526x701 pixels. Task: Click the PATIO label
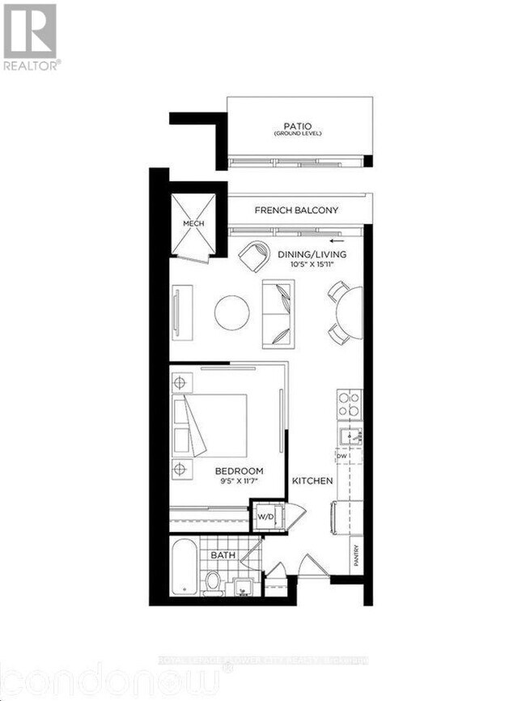(297, 127)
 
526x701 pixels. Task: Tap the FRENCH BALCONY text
(296, 210)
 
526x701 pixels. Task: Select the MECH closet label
(193, 224)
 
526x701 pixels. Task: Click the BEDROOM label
(239, 470)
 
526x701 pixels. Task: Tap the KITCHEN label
(312, 481)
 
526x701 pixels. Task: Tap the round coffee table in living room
(231, 312)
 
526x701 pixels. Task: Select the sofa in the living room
(278, 313)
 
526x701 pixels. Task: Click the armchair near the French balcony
(256, 257)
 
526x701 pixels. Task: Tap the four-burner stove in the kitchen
(350, 404)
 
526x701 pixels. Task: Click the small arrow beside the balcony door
(337, 240)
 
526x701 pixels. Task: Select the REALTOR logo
(31, 36)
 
